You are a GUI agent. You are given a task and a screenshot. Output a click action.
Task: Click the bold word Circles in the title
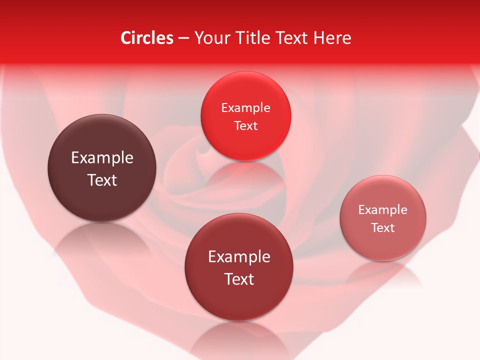tap(146, 38)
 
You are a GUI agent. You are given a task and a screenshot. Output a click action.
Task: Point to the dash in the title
tap(183, 38)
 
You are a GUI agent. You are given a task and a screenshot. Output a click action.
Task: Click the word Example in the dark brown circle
tap(102, 158)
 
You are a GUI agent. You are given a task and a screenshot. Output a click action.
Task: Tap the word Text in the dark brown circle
tap(102, 180)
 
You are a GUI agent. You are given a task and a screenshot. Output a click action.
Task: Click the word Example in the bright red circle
tap(245, 108)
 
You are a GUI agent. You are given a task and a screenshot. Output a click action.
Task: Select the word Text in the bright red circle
tap(245, 126)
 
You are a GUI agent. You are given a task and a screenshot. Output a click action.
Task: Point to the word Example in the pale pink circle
tap(382, 210)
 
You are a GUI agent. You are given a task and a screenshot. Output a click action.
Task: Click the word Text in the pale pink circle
tap(382, 228)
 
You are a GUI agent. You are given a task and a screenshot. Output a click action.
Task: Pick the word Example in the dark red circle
tap(238, 257)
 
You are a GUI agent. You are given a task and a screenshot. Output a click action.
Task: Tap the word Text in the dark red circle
tap(238, 279)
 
